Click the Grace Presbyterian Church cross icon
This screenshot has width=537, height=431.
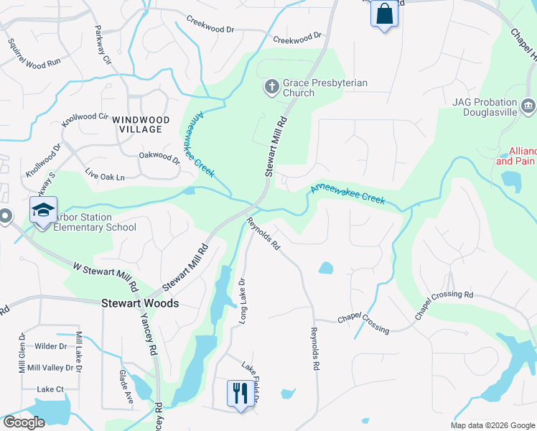coord(271,88)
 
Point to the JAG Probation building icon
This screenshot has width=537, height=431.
coord(528,108)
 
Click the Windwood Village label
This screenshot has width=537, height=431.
coord(145,124)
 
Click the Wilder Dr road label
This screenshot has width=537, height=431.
coord(50,346)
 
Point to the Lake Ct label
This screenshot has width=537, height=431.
coord(50,389)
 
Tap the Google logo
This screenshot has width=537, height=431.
coord(24,422)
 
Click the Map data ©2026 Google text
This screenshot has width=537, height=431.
coord(492,425)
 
